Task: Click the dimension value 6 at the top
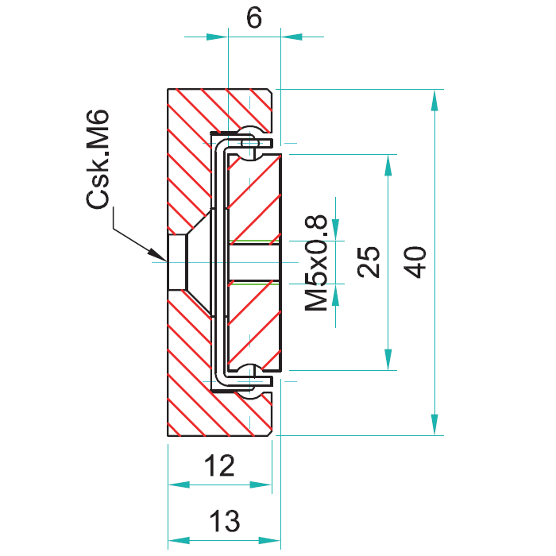point(254,17)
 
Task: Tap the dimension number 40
point(415,262)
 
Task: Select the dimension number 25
point(369,261)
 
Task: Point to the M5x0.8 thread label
point(316,262)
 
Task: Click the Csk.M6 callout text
point(98,159)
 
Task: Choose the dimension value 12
point(219,465)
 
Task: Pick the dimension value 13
point(225,521)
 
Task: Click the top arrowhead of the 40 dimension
point(434,101)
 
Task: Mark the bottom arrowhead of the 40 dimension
point(434,424)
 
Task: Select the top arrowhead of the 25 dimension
point(388,165)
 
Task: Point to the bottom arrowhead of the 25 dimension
point(388,360)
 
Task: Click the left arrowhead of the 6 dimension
point(217,37)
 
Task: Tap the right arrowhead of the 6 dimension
point(292,37)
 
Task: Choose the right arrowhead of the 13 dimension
point(269,540)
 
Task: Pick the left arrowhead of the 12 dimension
point(179,485)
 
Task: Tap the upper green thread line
point(254,241)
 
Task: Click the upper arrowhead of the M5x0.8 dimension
point(335,230)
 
